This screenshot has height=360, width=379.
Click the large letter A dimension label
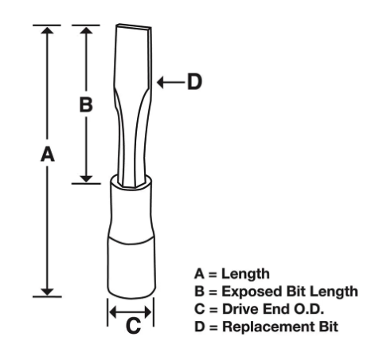[48, 155]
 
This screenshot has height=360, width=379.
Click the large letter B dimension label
[86, 104]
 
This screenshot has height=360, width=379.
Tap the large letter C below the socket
[133, 326]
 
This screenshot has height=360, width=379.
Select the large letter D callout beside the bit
[194, 82]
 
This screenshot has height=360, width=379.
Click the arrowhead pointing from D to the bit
[160, 82]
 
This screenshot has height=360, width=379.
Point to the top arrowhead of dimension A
[48, 30]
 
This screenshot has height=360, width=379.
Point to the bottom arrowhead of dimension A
[48, 292]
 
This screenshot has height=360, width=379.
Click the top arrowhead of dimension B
[86, 30]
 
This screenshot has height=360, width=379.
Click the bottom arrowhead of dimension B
[86, 179]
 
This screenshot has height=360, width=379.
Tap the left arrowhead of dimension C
[113, 312]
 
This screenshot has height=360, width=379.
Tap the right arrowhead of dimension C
[148, 312]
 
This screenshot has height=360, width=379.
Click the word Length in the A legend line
[245, 274]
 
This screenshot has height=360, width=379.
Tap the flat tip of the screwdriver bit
[134, 25]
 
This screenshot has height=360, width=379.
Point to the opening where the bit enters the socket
[131, 182]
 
